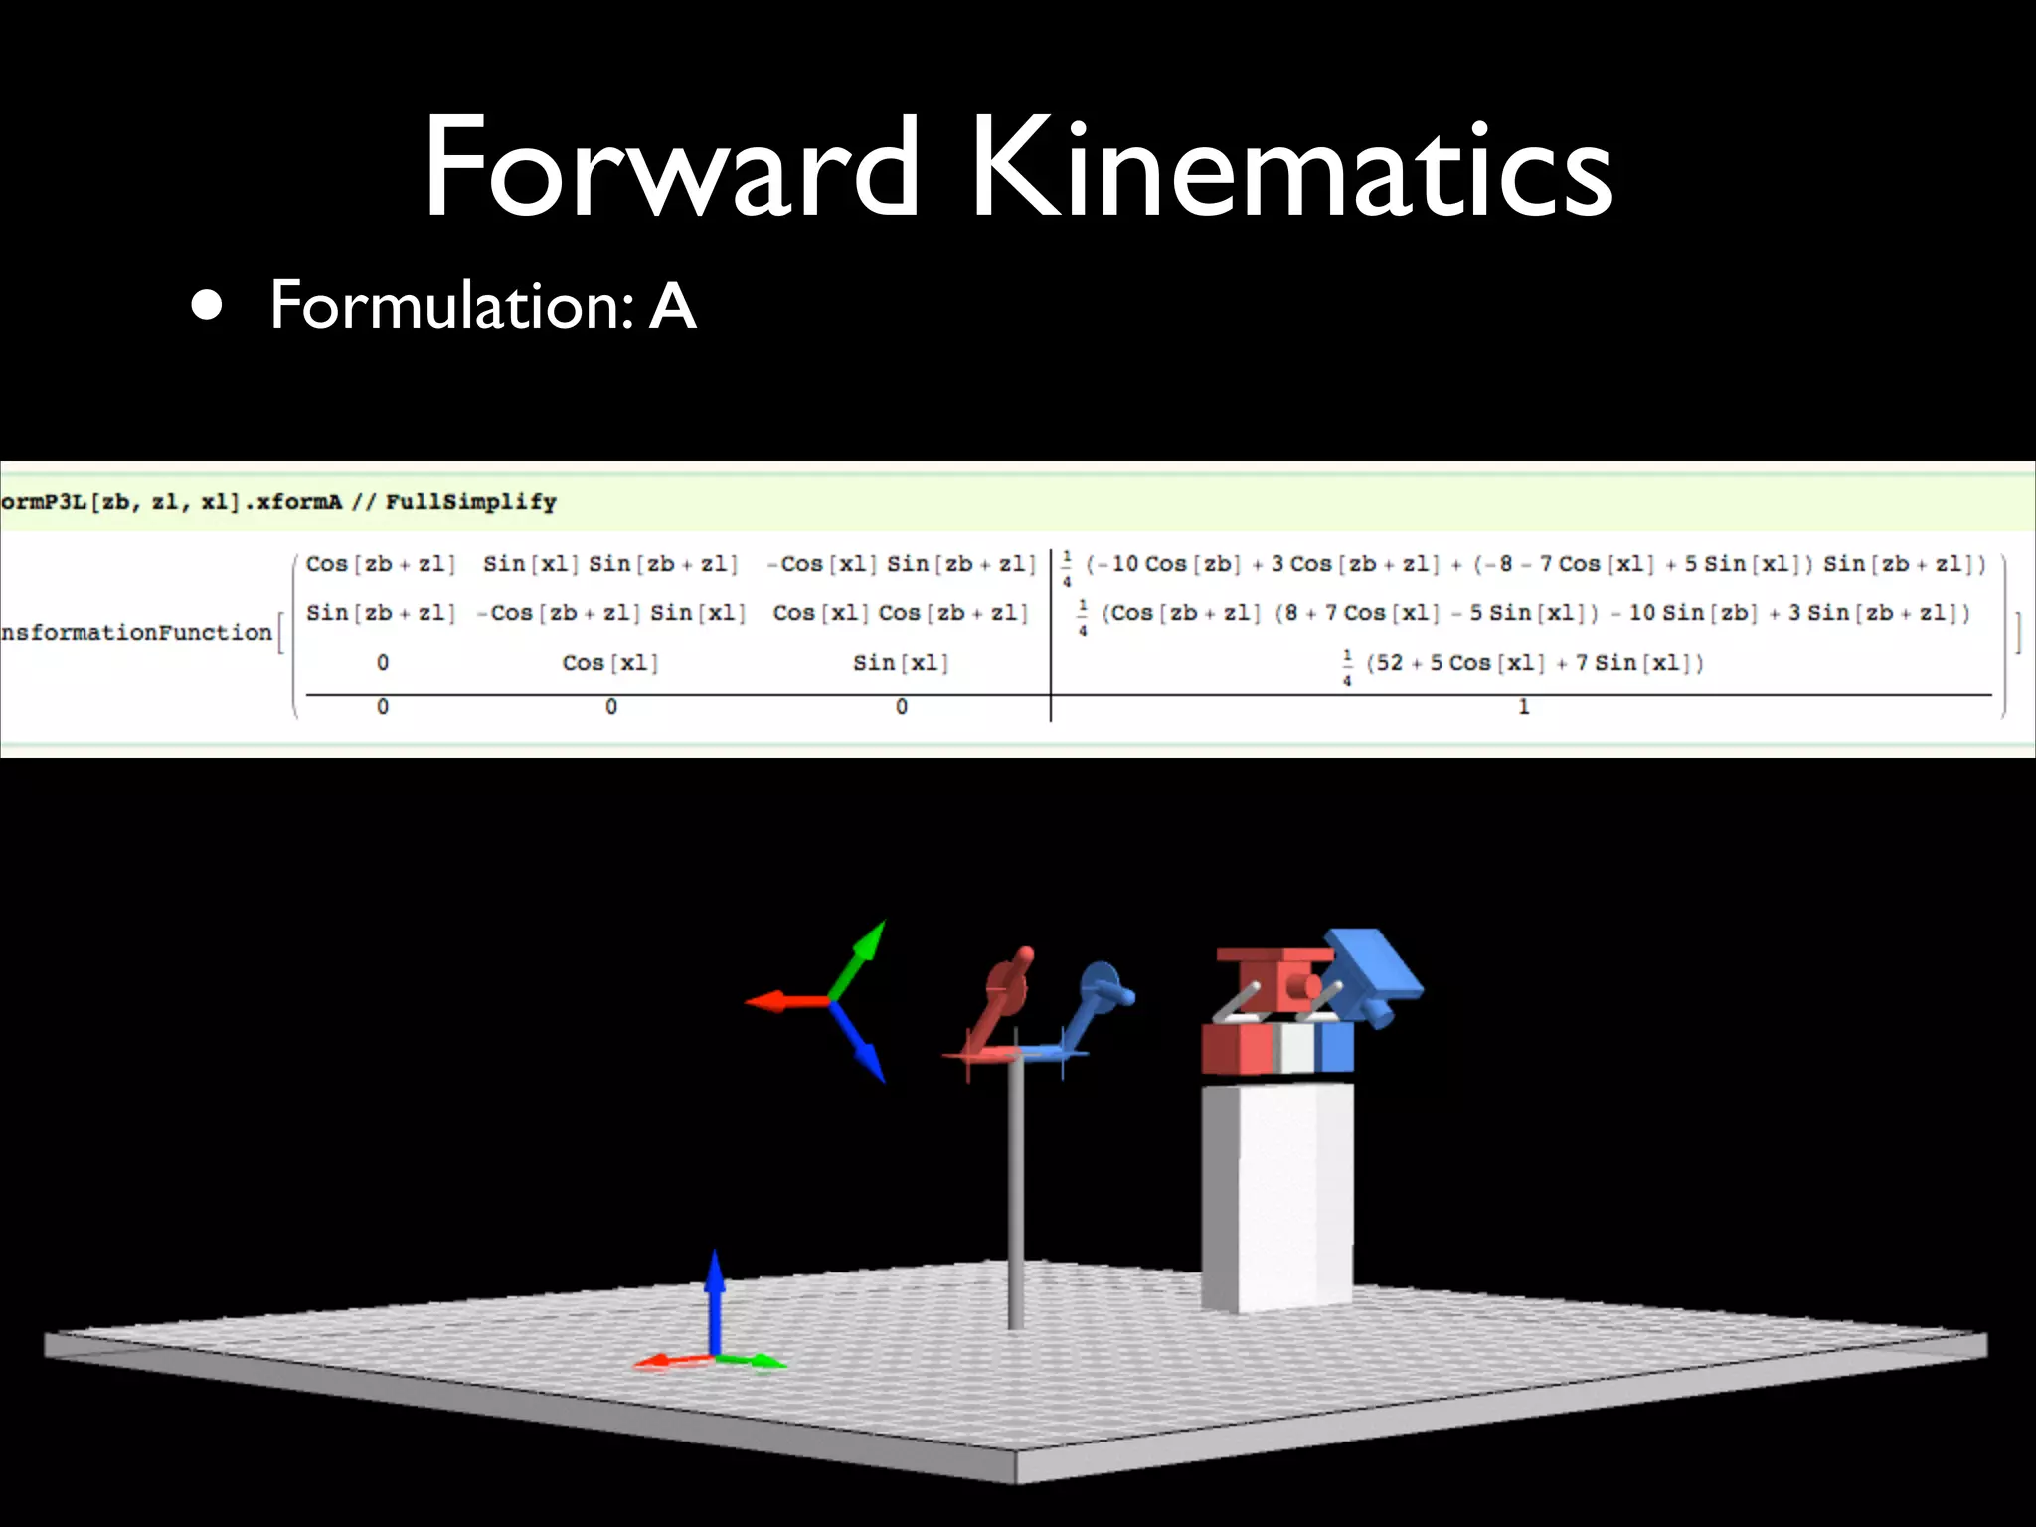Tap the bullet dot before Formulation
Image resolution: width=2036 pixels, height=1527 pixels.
207,307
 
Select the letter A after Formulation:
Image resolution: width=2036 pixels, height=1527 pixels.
673,306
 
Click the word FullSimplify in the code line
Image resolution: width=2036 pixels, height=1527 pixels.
470,502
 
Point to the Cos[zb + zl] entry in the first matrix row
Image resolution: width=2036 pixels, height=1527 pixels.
380,564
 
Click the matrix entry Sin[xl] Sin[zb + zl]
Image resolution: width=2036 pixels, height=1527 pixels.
610,564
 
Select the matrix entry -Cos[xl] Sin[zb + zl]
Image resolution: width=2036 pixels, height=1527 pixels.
902,564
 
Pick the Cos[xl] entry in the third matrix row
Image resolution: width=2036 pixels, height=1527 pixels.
610,662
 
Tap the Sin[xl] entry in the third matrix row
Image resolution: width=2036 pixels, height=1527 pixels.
901,662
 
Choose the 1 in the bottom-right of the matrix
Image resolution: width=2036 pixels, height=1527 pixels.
1523,707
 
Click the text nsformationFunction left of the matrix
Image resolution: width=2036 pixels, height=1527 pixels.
136,632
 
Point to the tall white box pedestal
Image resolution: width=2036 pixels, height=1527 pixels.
1276,1193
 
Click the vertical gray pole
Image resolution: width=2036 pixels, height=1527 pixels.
1015,1193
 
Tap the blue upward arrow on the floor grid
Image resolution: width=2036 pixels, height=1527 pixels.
714,1292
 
